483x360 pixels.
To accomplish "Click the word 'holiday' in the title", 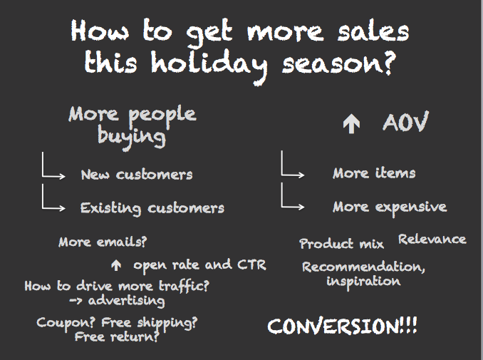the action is tap(209, 66).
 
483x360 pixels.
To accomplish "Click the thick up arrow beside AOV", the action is tap(351, 123).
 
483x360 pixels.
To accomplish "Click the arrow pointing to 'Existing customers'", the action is tap(43, 208).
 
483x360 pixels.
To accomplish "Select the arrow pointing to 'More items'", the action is tap(282, 175).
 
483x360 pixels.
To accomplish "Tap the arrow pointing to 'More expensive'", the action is tap(282, 207).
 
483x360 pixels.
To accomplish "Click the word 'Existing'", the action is tap(110, 208).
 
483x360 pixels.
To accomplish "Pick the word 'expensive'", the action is tap(411, 207).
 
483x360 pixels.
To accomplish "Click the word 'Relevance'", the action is tap(432, 240).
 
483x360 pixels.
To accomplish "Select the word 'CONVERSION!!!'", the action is tap(342, 326).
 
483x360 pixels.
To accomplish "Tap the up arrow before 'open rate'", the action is tap(116, 265).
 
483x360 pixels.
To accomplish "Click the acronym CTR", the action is tap(251, 264).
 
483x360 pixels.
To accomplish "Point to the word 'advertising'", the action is tap(126, 301).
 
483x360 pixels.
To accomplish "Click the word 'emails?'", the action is tap(122, 242).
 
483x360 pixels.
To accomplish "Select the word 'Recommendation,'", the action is tap(363, 267).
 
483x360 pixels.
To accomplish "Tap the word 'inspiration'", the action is tap(363, 282).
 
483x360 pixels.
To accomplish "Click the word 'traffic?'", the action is tap(184, 286).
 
